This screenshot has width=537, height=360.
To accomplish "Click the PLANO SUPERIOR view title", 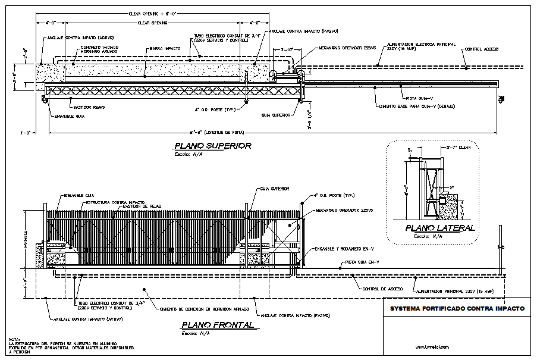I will pos(212,146).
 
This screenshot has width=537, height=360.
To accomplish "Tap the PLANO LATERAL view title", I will pos(440,228).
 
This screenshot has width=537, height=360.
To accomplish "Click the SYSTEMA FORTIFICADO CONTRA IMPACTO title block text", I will pos(456,309).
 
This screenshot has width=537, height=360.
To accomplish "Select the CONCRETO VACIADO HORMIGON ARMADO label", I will pos(100,48).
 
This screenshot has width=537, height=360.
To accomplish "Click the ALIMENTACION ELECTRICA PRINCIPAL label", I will pos(421,44).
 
